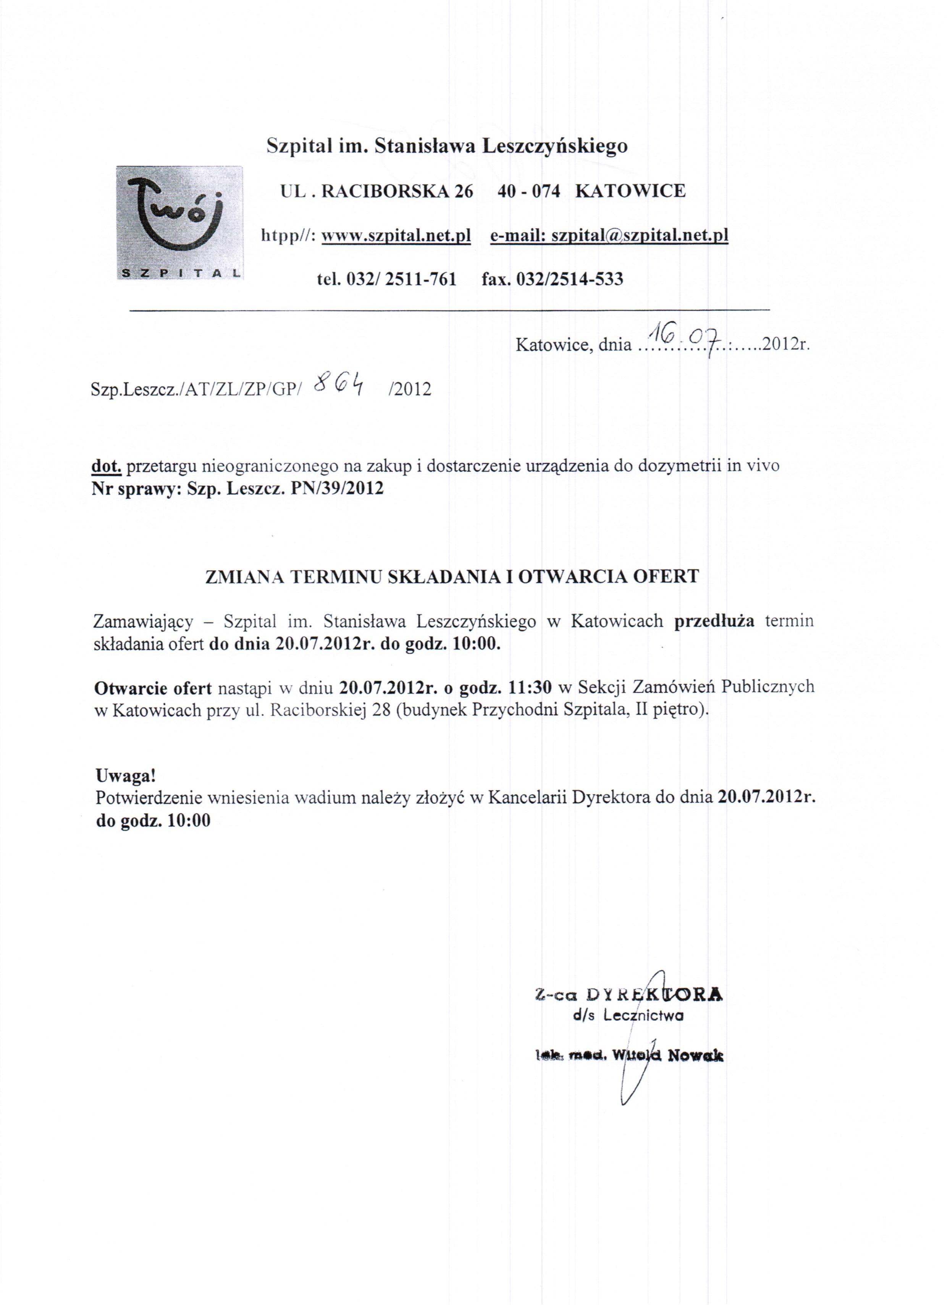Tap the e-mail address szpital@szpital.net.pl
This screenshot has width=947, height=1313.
[x=639, y=236]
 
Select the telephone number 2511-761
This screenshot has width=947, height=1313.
[x=421, y=280]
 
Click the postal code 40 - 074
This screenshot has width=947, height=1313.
[x=528, y=191]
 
